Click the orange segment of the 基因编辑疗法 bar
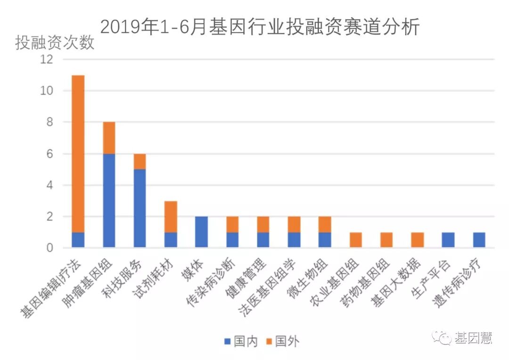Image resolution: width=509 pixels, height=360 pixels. pos(78,154)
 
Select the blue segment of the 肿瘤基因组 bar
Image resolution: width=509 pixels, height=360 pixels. pos(109,201)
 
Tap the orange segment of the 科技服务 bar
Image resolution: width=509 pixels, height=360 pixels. pos(140,162)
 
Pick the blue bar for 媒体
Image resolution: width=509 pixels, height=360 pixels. pos(201,232)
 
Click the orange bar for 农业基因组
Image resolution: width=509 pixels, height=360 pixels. pos(355,240)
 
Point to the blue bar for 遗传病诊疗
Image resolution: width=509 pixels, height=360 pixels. pos(479,240)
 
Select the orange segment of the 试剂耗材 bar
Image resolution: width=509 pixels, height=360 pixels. pos(171,217)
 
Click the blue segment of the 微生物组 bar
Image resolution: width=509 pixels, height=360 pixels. pos(325,240)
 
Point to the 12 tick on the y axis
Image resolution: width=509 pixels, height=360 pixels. pos(47,59)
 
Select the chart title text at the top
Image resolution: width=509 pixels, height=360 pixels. pos(259,27)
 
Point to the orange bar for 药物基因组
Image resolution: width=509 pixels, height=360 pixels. pos(386,240)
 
